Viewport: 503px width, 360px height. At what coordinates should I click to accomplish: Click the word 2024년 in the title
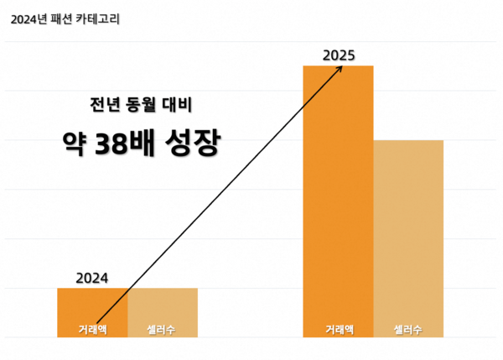click(29, 18)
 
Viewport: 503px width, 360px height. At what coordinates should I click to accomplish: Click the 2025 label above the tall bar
click(338, 55)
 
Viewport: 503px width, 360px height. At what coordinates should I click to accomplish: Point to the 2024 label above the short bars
click(92, 278)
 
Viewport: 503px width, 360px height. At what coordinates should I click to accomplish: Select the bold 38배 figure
click(127, 143)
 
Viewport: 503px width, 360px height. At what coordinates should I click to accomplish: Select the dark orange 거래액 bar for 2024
click(92, 306)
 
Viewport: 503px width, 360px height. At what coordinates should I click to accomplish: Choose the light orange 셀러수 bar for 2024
click(163, 306)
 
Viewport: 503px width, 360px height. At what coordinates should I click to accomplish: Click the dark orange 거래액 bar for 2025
click(338, 193)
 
